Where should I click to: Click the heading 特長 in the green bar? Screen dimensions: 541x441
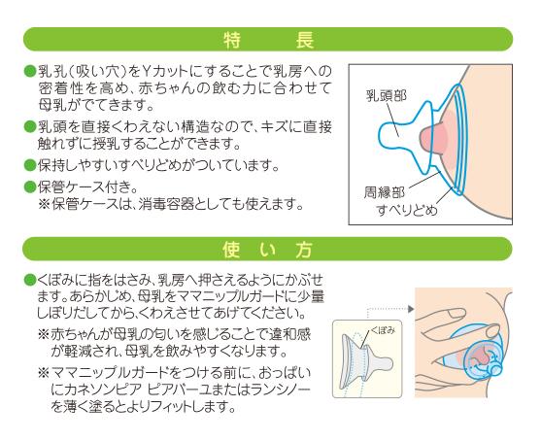tap(268, 41)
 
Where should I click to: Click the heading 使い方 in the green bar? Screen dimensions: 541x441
tap(268, 250)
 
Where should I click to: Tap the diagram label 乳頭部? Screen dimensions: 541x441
tap(387, 95)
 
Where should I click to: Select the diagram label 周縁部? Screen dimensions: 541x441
tap(385, 192)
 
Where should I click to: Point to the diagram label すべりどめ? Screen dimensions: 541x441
tap(407, 210)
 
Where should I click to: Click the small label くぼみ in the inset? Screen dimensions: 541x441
tap(383, 330)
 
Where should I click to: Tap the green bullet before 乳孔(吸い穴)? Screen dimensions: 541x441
tap(30, 72)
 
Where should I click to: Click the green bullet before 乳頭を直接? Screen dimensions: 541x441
tap(30, 126)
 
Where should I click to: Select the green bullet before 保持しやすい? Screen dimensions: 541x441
tap(30, 165)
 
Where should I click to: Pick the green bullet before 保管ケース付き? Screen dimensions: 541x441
tap(30, 187)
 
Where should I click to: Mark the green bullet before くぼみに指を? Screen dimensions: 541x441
tap(30, 280)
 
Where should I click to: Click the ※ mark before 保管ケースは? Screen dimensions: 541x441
tap(44, 204)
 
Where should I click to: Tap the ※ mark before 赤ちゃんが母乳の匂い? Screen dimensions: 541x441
tap(44, 334)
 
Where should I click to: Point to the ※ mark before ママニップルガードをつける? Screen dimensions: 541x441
tap(44, 373)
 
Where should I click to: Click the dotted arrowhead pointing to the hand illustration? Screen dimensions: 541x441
tap(411, 309)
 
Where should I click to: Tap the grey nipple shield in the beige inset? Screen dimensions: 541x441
tap(366, 361)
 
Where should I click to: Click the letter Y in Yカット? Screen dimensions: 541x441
tap(147, 72)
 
